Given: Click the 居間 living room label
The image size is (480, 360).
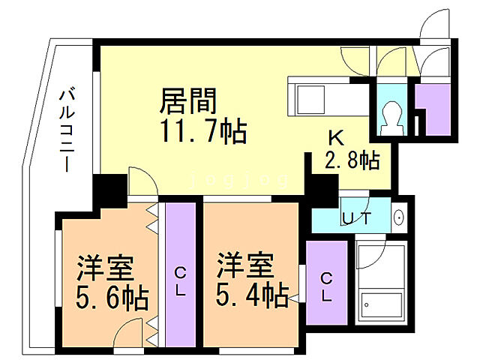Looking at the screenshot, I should pos(189,100).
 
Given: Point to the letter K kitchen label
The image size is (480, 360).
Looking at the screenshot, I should pos(335,138).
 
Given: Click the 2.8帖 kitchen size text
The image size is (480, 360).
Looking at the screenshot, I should pos(351,160).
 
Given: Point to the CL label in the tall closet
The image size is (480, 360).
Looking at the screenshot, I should pos(181,280).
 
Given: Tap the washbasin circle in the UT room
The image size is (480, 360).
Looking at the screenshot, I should pos(398,219).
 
